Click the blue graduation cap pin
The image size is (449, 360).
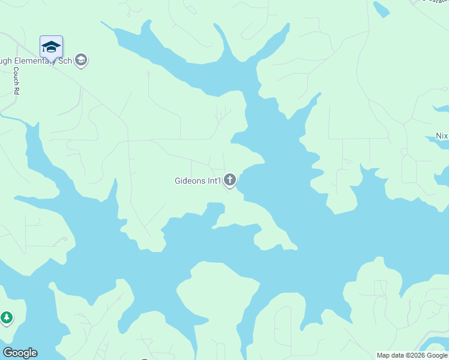(x=51, y=47)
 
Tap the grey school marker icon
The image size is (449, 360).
(x=81, y=60)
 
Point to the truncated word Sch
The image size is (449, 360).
(x=66, y=61)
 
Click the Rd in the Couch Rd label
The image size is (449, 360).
(x=16, y=90)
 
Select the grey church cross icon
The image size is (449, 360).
(x=229, y=179)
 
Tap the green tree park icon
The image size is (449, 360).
(x=7, y=318)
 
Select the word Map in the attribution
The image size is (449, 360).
(x=384, y=355)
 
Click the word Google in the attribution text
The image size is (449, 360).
(x=436, y=355)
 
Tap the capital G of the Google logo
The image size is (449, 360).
(x=7, y=353)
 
